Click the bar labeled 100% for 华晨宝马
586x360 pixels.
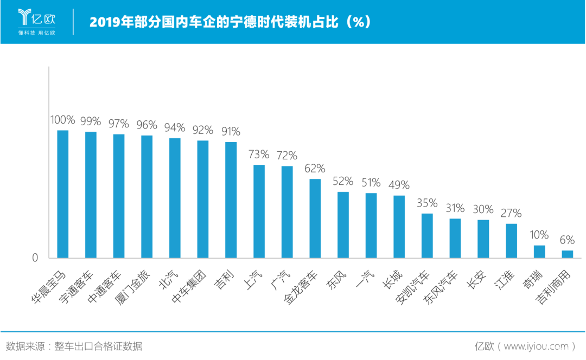63,194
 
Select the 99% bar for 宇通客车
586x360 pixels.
91,195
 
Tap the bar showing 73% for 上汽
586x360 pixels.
259,211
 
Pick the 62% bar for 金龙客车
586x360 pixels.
315,218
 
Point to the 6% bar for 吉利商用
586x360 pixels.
568,254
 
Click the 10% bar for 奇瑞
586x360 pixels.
539,252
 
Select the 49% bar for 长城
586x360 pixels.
399,227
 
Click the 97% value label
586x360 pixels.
118,124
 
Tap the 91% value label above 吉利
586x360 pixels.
231,132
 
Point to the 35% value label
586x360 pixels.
427,203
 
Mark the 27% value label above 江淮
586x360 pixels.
511,213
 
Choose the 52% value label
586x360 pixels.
343,181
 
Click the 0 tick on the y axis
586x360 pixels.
35,258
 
